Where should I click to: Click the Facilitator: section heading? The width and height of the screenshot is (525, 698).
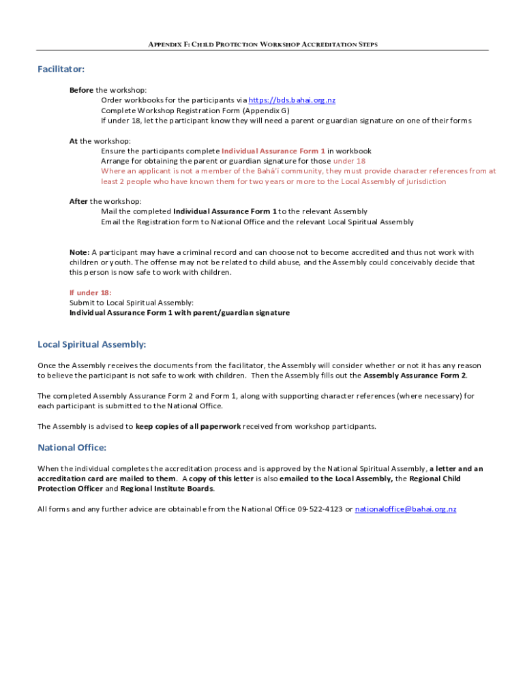click(61, 69)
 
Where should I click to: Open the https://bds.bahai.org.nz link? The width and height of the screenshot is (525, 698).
click(292, 100)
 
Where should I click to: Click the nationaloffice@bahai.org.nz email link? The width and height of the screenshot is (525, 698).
click(406, 509)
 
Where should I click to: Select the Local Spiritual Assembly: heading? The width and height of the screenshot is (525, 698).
click(92, 344)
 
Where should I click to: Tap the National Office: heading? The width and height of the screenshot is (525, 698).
click(72, 448)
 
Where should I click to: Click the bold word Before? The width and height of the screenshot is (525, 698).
click(81, 90)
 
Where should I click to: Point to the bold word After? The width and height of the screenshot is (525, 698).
click(78, 201)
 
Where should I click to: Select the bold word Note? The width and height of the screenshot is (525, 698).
click(79, 252)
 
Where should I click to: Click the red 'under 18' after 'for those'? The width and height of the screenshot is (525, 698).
click(349, 161)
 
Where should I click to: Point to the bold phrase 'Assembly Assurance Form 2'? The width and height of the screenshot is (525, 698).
click(415, 376)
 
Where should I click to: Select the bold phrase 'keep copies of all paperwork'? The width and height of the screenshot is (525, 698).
click(188, 427)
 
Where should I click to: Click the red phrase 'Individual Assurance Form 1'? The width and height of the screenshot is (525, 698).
click(273, 151)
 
